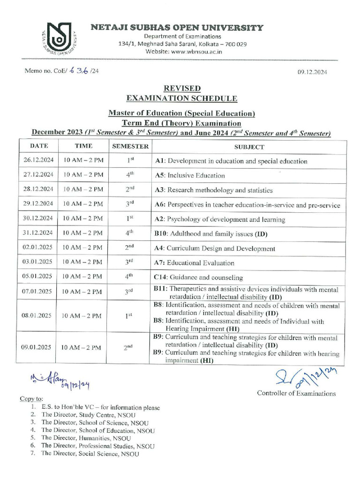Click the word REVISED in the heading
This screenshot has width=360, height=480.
[182, 88]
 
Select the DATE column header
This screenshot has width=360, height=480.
[39, 146]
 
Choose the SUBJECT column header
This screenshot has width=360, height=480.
[249, 147]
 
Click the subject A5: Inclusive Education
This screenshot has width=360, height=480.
[189, 176]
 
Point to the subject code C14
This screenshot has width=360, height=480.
[160, 277]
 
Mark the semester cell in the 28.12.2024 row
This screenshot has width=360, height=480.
[130, 190]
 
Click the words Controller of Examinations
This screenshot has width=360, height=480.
[296, 393]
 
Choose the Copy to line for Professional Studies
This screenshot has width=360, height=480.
[97, 446]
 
